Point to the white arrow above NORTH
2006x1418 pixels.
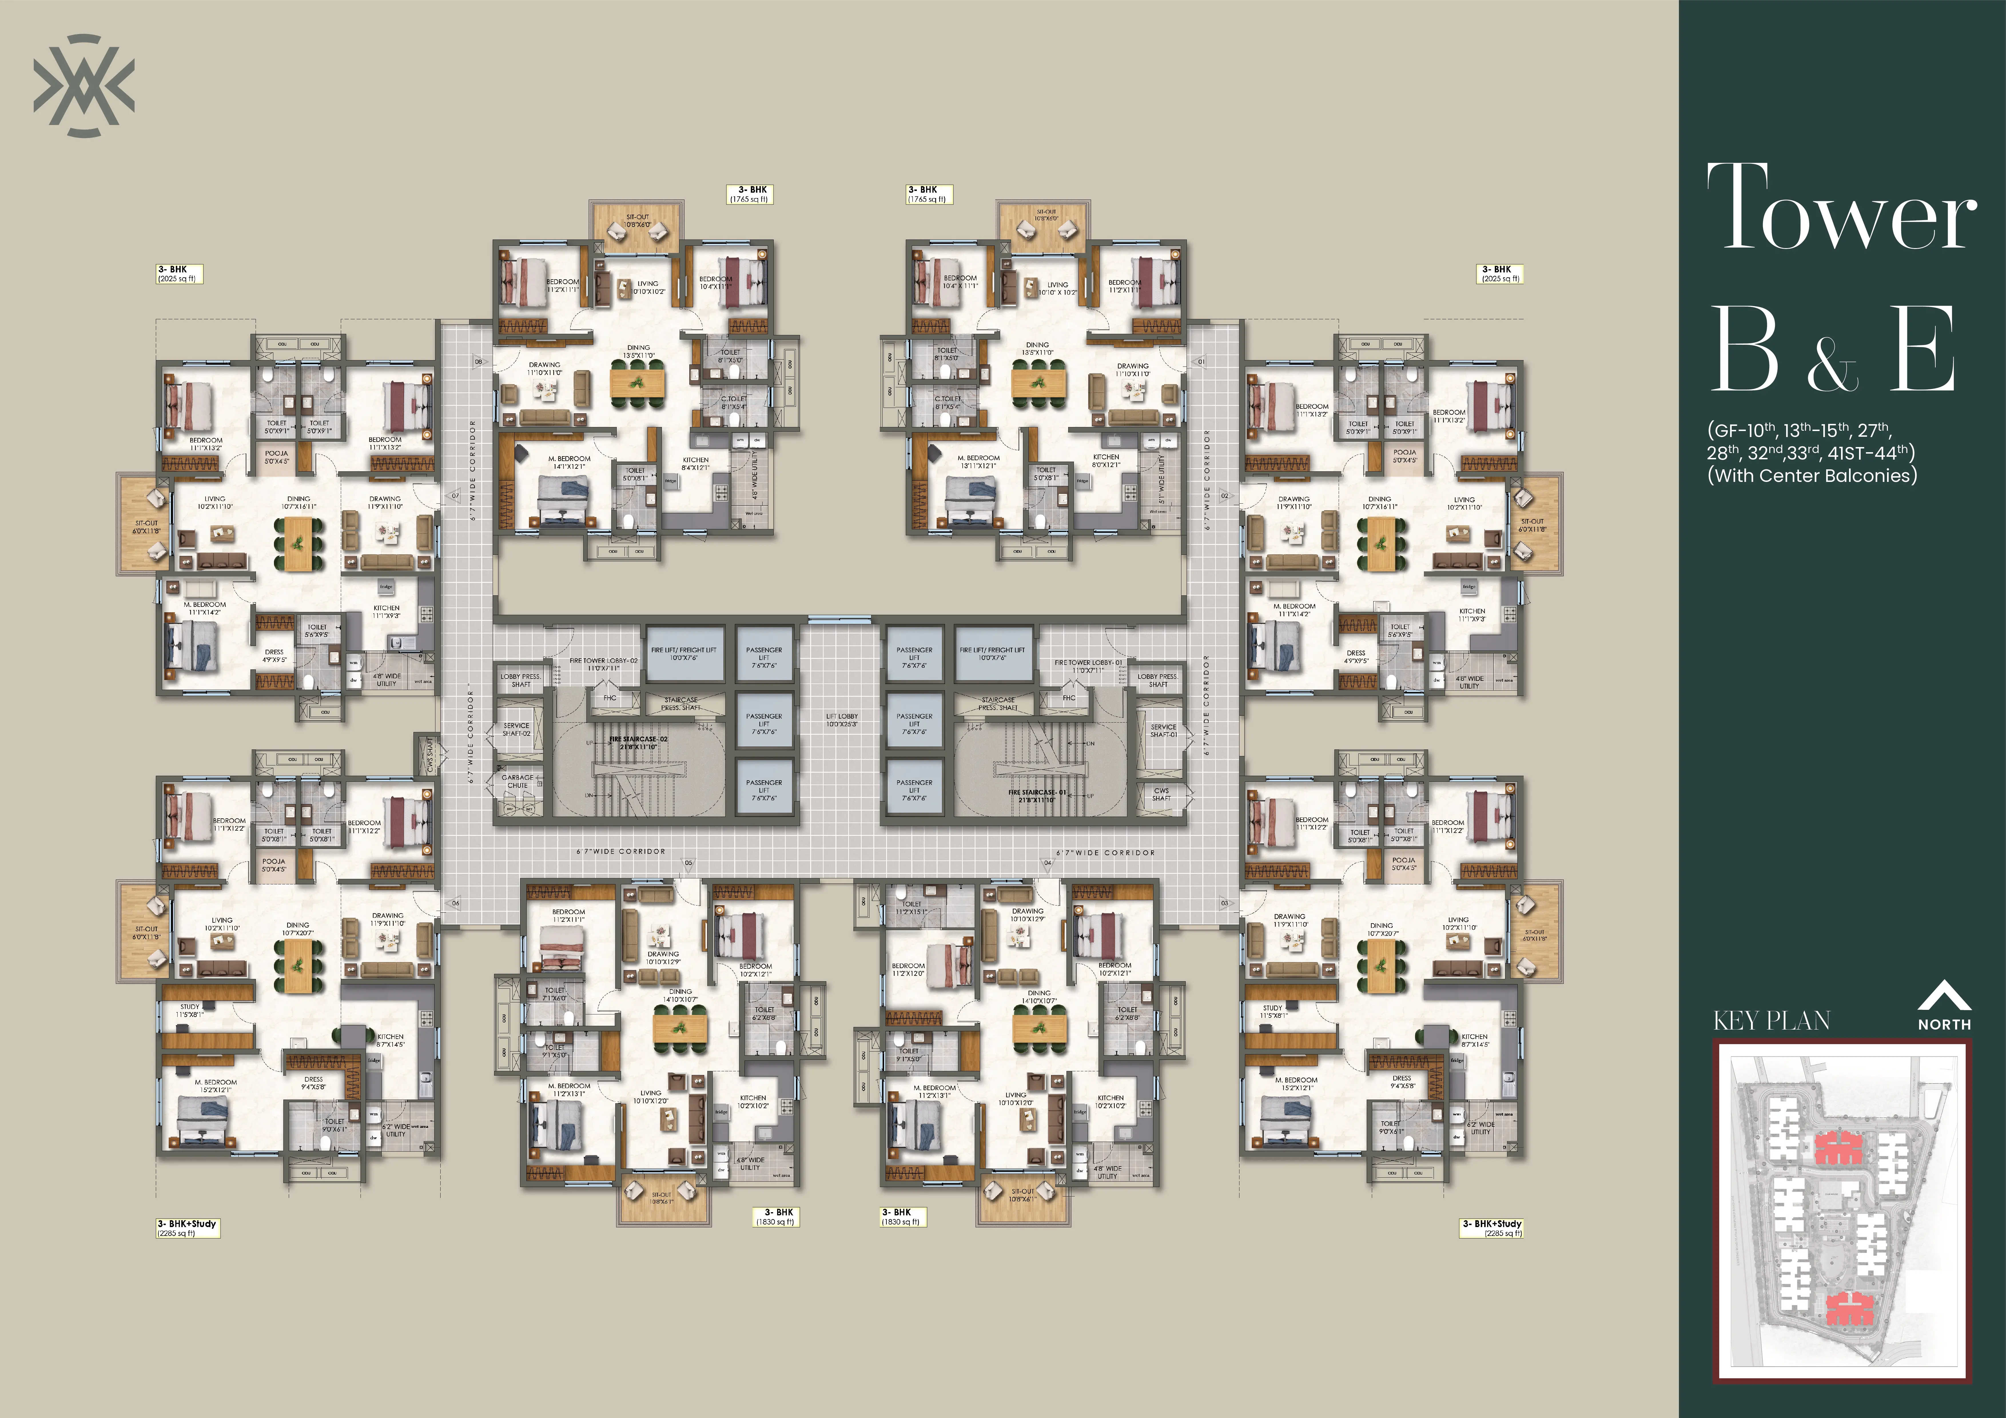point(1944,996)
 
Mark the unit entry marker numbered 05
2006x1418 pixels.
point(688,863)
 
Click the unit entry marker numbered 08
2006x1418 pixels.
point(478,361)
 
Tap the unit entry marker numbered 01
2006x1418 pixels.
point(1201,361)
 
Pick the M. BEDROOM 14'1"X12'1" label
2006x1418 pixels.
point(569,462)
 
